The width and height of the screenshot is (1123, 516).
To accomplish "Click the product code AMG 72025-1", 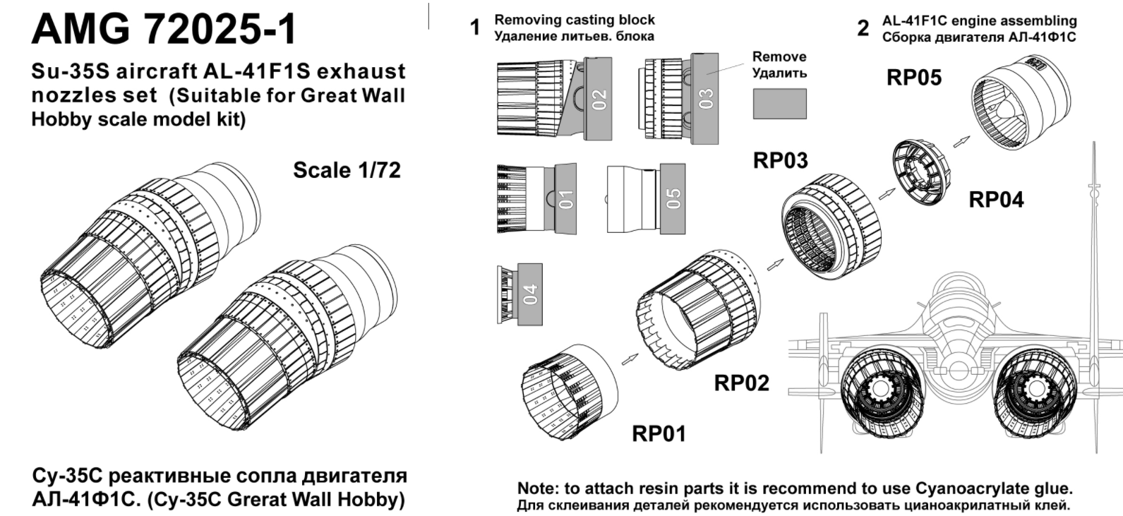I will (164, 30).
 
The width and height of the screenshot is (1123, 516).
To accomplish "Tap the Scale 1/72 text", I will (347, 170).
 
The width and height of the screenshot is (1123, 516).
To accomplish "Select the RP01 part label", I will (658, 433).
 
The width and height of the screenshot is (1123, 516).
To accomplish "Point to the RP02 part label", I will (741, 383).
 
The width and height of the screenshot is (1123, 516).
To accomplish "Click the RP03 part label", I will (780, 160).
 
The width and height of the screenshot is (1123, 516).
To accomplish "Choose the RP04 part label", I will (996, 200).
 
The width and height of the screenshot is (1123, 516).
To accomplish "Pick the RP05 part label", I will (913, 78).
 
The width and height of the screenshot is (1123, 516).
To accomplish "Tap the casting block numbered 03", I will (707, 99).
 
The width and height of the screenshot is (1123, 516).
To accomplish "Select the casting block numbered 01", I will (566, 199).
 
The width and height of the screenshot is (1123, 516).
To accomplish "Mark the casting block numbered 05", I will (673, 198).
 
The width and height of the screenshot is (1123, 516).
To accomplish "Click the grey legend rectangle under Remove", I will (779, 104).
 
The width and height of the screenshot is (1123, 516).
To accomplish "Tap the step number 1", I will (475, 28).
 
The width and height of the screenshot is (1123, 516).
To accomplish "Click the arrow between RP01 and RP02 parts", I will (626, 358).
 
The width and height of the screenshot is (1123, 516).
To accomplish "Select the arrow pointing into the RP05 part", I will (959, 140).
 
